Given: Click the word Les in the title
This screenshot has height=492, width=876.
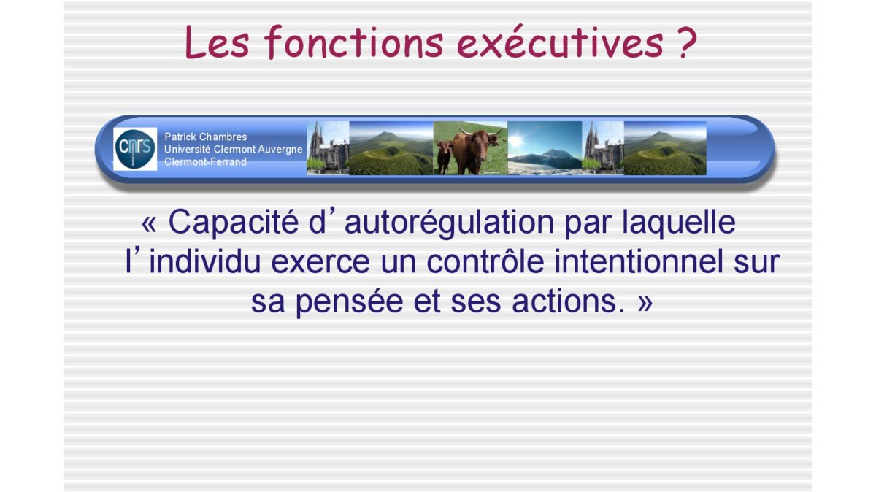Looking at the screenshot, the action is pos(217,42).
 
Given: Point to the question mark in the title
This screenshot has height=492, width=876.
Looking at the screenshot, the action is pos(685,42).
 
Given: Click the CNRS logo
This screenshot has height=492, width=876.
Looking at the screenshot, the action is pos(135,149).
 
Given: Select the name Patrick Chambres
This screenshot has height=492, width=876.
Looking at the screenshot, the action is pos(205,137).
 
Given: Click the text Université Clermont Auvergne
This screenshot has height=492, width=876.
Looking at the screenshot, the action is pos(233,150).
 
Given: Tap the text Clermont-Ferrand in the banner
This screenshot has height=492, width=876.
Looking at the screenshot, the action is pos(205,161).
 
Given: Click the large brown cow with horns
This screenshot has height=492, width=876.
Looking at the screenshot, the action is pos(475,150).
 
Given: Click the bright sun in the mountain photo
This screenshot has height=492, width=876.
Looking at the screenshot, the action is pos(516,140).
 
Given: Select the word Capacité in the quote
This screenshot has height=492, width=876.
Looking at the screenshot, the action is pos(234,222).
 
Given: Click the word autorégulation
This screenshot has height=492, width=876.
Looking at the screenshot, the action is pos(450,223).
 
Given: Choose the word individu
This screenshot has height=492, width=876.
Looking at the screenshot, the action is pos(205,261).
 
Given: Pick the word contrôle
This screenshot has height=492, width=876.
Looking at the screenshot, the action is pos(485,261).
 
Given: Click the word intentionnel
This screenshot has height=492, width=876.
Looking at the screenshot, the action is pos(639,261).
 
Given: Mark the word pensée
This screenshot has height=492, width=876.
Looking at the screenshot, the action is pos(349,302).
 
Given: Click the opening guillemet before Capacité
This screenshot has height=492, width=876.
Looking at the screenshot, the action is pos(149,224).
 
